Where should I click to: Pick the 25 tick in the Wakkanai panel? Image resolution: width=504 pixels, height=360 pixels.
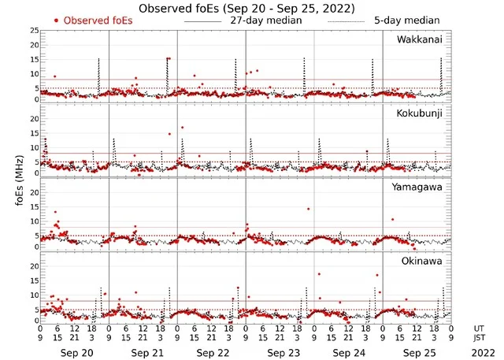33,31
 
